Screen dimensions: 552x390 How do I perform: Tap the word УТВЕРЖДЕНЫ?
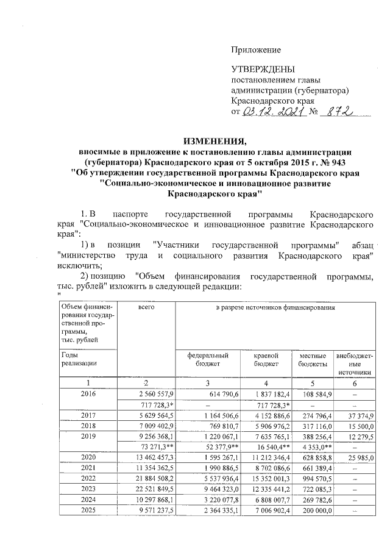click(263, 70)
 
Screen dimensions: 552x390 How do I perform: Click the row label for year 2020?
click(88, 457)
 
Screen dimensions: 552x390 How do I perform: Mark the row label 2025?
click(88, 510)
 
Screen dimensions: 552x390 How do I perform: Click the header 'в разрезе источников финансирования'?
click(275, 309)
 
